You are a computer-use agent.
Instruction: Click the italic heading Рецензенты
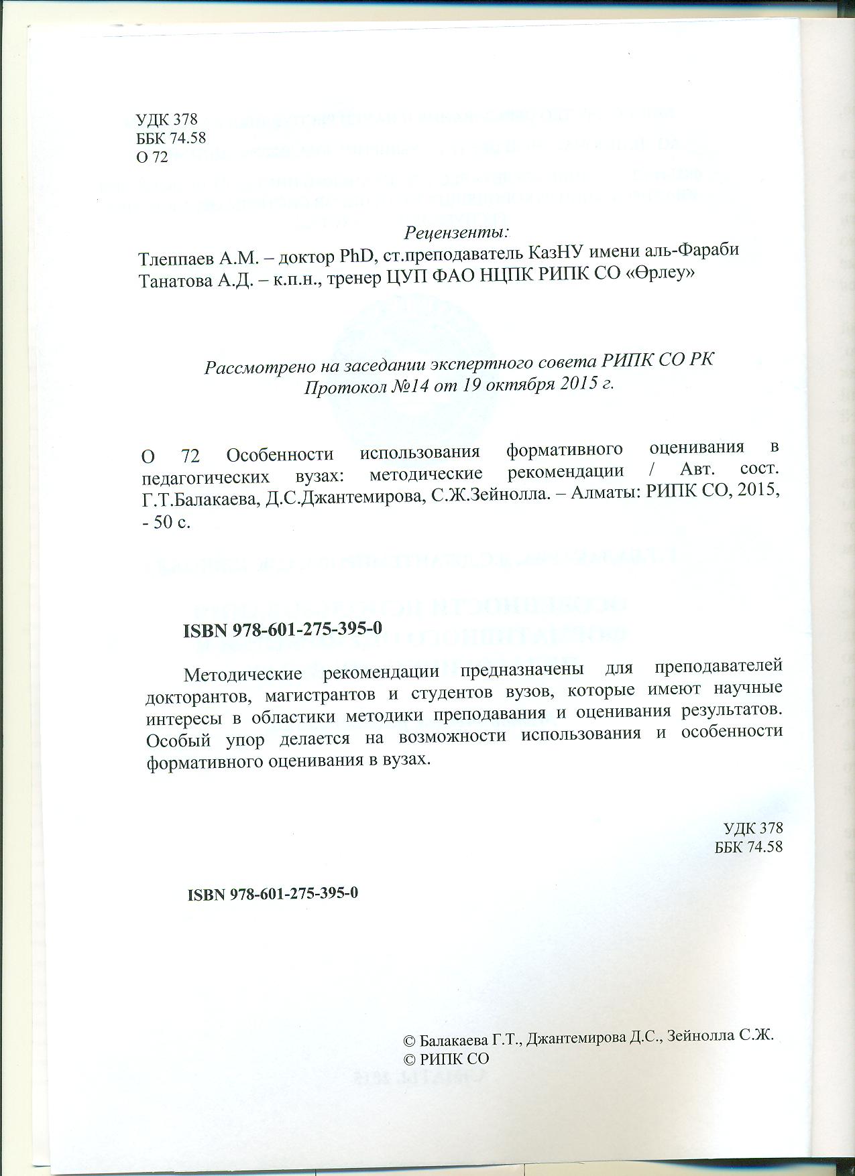457,233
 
